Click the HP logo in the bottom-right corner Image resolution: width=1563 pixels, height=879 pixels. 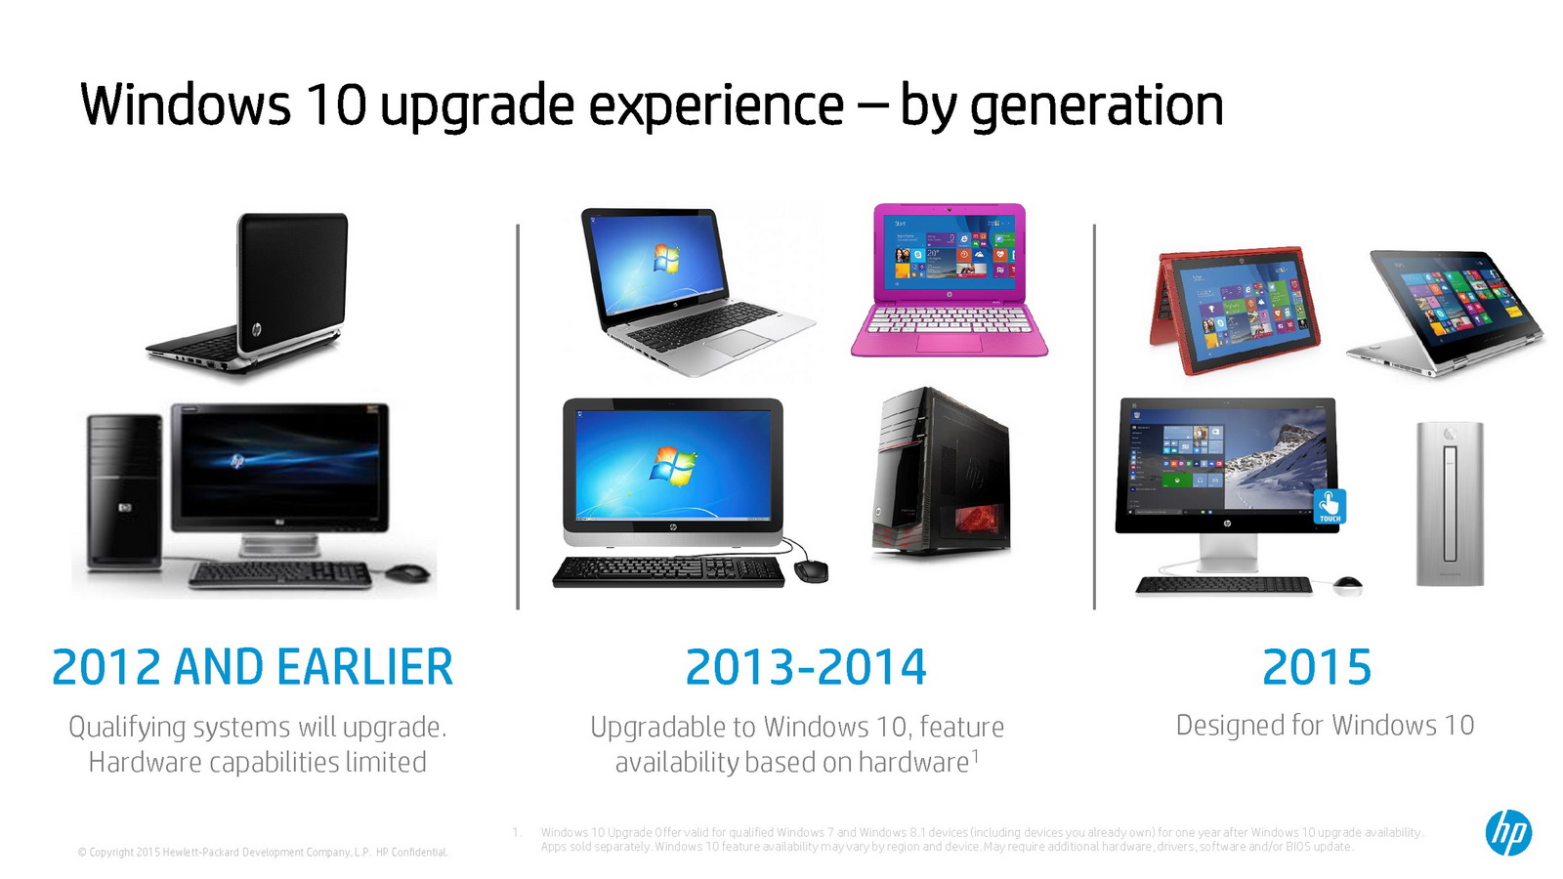point(1508,832)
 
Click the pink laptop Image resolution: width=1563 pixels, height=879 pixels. point(949,280)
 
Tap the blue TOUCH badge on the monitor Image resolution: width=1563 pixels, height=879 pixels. point(1330,507)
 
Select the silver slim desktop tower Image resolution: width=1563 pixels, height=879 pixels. point(1450,504)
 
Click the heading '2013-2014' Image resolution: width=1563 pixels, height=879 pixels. point(806,667)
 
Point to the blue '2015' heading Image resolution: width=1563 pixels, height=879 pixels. point(1317,667)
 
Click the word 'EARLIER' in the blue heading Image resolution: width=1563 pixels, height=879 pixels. point(365,667)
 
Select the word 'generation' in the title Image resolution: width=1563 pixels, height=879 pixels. point(1096,106)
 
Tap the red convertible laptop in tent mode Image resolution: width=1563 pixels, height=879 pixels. point(1235,310)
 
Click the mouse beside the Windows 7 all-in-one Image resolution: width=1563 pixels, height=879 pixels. point(812,570)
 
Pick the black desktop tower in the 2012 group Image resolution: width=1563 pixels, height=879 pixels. point(124,492)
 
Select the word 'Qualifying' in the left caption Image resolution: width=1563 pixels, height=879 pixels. point(126,729)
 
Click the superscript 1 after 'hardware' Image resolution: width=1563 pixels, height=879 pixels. point(975,755)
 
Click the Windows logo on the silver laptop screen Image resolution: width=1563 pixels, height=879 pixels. point(665,259)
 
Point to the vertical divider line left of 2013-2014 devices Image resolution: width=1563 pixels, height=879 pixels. point(518,416)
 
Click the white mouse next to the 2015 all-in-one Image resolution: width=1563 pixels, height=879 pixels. point(1347,585)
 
